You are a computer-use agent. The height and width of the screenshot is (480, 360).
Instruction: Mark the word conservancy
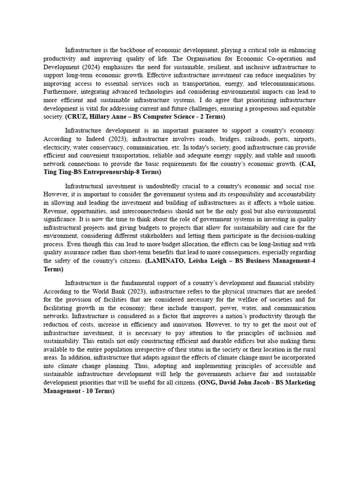coord(97,148)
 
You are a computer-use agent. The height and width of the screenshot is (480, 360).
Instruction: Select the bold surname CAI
coord(308,164)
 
